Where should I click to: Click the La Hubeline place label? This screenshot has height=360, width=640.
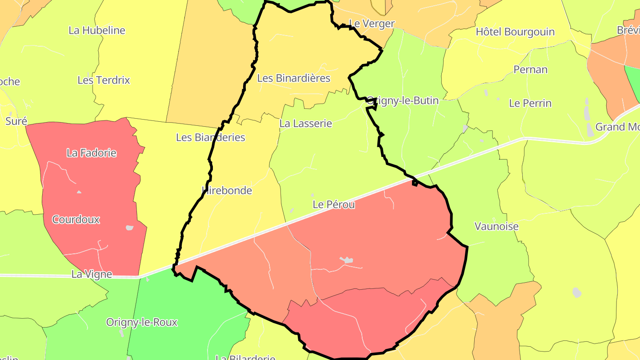[x=97, y=31]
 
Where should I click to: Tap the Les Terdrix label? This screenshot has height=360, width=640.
[x=104, y=80]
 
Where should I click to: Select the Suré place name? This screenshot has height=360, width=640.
[x=16, y=121]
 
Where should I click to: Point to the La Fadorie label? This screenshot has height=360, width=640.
[x=92, y=153]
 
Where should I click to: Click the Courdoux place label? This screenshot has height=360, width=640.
[x=76, y=220]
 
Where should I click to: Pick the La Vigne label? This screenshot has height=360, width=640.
[x=92, y=274]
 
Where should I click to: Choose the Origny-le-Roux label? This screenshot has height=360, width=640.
[x=142, y=322]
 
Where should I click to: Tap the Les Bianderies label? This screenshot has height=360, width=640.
[x=211, y=137]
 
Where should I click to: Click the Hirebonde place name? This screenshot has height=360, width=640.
[x=227, y=191]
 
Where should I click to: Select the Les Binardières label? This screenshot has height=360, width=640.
[x=294, y=78]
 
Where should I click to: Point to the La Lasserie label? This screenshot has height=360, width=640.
[x=306, y=124]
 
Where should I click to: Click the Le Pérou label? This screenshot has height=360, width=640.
[x=334, y=205]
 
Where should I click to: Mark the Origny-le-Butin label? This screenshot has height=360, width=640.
[x=402, y=101]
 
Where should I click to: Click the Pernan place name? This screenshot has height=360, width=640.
[x=531, y=70]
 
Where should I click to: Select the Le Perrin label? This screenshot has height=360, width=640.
[x=530, y=104]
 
